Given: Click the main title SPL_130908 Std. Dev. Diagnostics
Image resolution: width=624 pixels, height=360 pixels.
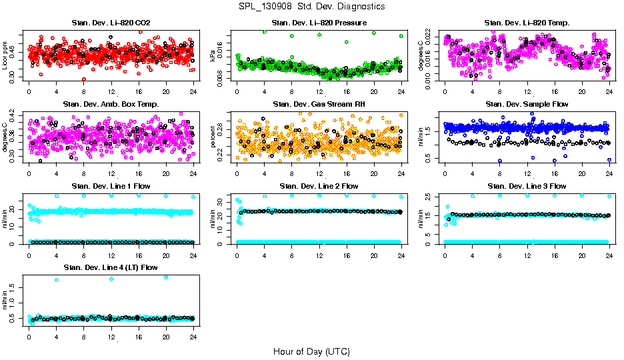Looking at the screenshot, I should coord(311,7).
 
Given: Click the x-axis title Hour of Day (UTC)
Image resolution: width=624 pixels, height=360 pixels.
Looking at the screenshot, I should coord(311,351).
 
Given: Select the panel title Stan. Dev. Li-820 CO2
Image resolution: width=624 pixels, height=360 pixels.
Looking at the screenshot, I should coord(110,23).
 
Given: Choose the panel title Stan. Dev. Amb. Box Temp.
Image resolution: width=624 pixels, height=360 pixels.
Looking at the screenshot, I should coord(110,104).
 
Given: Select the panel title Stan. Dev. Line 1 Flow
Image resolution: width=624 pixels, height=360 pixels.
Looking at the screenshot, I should coord(110,186).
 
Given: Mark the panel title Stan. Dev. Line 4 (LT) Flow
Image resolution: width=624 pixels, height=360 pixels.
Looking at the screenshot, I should coord(110,267).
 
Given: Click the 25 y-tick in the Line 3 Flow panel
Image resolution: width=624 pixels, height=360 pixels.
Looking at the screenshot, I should coord(432,197).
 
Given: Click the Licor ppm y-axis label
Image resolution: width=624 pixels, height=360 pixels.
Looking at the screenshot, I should coord(5,57).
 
